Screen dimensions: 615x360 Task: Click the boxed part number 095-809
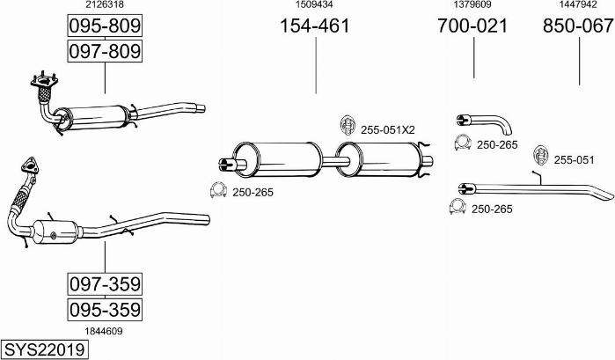105,26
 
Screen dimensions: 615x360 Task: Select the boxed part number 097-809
105,51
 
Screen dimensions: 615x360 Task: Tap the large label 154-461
315,26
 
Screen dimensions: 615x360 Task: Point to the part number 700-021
472,26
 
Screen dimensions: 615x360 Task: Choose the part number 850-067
578,26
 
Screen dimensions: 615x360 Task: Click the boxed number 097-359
105,283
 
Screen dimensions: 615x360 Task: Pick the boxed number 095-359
105,310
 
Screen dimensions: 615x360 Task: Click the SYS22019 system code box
44,349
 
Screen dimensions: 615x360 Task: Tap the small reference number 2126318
105,4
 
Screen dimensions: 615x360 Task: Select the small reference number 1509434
314,4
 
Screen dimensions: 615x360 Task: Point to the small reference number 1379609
472,4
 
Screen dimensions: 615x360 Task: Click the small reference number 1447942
578,4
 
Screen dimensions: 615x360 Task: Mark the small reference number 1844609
104,331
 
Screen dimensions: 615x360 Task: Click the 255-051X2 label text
387,130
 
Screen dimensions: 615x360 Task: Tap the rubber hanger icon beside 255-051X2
348,125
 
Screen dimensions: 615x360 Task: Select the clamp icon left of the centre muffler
218,190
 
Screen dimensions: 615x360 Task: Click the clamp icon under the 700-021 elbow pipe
463,143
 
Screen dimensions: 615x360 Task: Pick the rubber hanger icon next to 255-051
541,156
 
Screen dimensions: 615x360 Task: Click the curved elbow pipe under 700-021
485,123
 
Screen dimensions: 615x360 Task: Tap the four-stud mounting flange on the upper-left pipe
44,81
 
